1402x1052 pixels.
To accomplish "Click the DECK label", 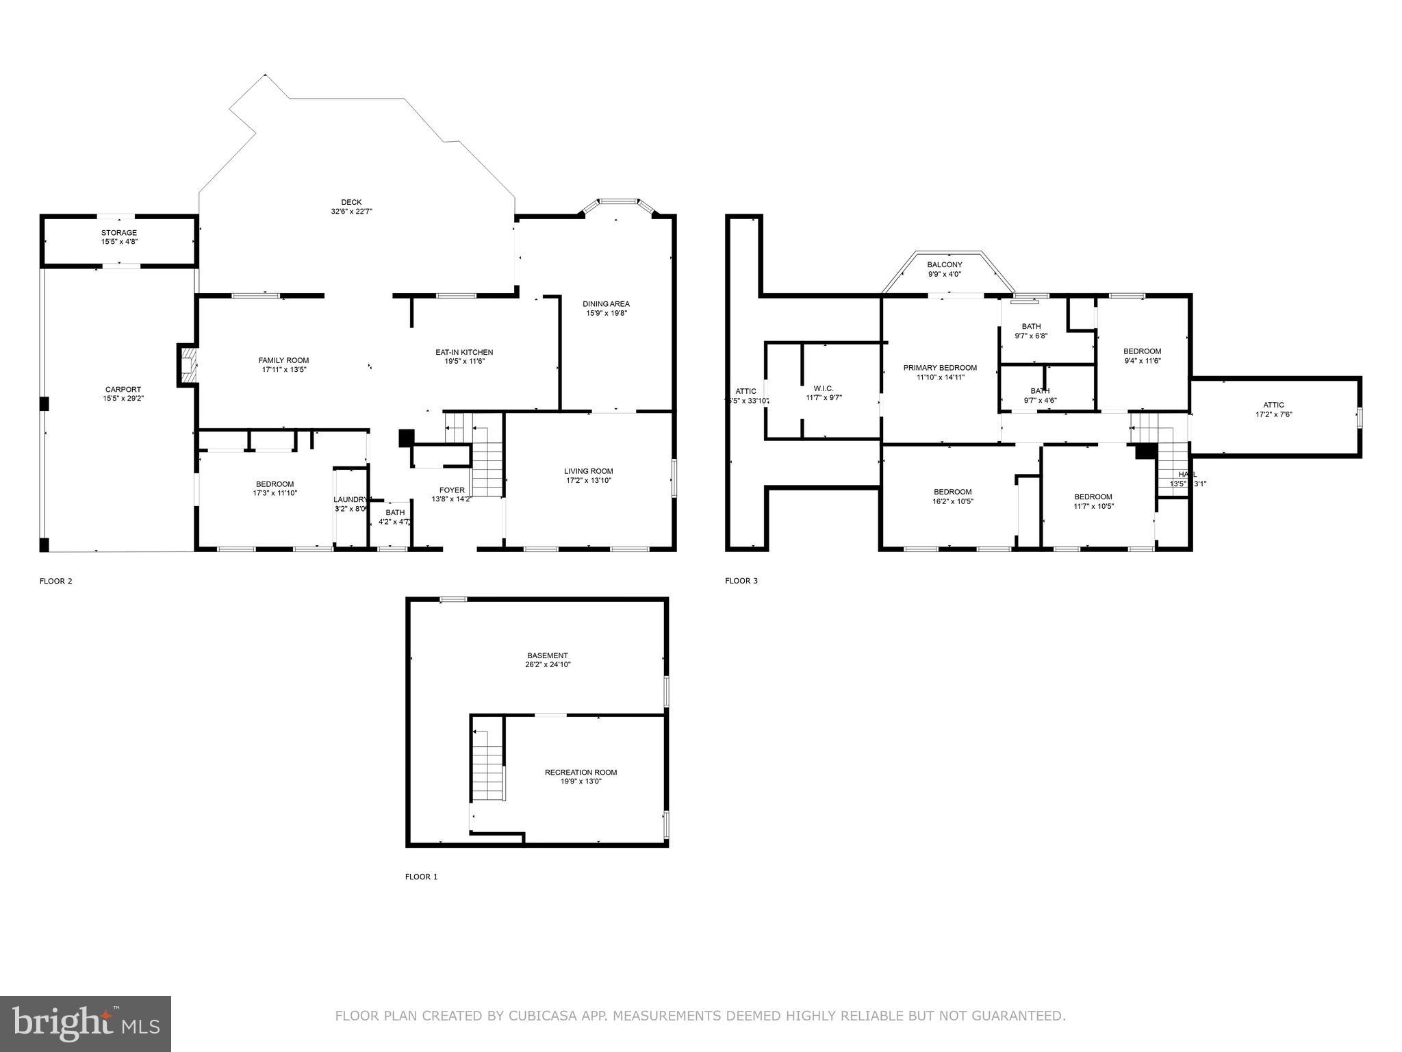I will tap(351, 202).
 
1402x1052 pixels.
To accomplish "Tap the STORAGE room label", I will tap(119, 233).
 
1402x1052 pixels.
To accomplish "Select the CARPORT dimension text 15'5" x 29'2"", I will tap(123, 398).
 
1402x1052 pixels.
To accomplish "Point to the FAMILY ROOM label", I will tap(283, 360).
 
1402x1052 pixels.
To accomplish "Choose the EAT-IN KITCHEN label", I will tap(464, 352).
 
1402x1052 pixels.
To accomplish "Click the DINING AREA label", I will tap(606, 304).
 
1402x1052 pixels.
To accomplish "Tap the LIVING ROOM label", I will tap(588, 471).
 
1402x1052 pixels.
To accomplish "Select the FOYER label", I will tap(452, 490).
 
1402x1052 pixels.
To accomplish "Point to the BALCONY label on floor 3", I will tap(945, 265).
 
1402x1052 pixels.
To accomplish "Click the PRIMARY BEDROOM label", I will tap(940, 368).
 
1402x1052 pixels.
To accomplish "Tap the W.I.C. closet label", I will tap(824, 388).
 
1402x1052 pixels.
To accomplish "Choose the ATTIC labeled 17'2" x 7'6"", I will tap(1273, 405).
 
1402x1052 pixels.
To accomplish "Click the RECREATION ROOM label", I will tap(581, 773).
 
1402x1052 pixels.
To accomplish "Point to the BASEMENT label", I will tap(547, 655).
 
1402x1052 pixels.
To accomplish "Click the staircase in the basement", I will tap(488, 766).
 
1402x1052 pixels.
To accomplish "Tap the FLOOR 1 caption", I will tap(421, 877).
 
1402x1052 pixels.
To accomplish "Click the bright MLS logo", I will tap(86, 1024).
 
